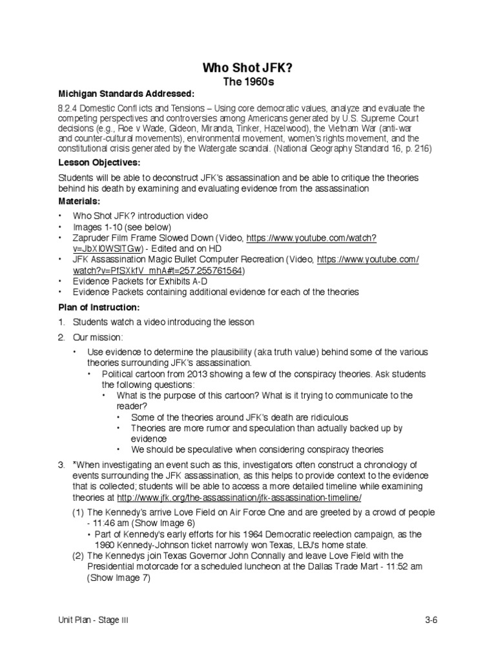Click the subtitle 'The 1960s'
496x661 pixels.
(249, 82)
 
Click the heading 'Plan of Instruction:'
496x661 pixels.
(99, 307)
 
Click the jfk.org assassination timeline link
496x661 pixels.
(238, 498)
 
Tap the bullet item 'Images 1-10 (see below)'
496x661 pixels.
(121, 227)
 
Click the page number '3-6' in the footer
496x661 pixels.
(431, 621)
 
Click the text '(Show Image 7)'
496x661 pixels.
(119, 578)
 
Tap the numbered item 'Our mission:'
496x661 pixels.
(98, 337)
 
